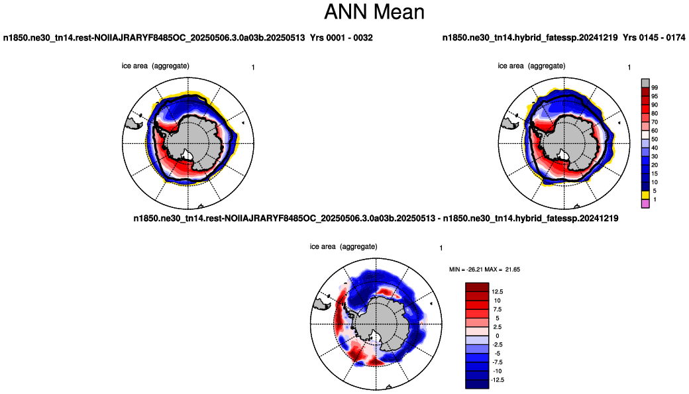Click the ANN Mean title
[374, 12]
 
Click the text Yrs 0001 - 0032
[341, 38]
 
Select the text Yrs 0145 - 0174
[654, 38]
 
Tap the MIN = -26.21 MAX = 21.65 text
[484, 270]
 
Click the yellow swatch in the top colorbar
[645, 195]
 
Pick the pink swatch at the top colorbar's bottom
[645, 203]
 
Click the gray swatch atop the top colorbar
[645, 83]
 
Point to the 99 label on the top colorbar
[655, 88]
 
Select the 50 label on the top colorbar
[655, 139]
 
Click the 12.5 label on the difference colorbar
[498, 291]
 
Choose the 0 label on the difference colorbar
[498, 336]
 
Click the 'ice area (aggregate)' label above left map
[156, 66]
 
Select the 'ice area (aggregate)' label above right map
[532, 66]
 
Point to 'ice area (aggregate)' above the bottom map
[344, 247]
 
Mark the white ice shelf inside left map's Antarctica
[187, 154]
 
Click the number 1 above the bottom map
[441, 248]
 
